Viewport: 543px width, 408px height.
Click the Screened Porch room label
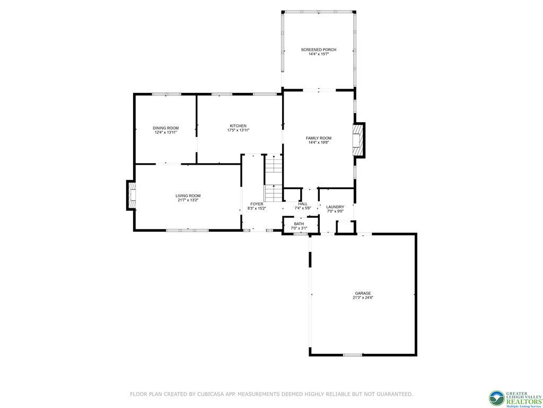[318, 49]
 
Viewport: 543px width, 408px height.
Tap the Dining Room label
[165, 128]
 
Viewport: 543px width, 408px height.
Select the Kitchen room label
[238, 126]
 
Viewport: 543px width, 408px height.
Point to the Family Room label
[318, 138]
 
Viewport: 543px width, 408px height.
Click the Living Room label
[188, 195]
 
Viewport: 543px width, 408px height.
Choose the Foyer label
[257, 204]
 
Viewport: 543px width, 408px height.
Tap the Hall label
[302, 204]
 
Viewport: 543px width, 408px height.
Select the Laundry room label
[335, 207]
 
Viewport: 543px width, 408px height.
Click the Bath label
[299, 224]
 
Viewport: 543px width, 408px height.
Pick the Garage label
[363, 293]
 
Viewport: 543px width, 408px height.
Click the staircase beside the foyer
[273, 178]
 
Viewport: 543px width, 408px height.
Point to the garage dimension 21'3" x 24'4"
[363, 298]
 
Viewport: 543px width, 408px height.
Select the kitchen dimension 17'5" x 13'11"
[238, 130]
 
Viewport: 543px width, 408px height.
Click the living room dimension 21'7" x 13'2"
[188, 200]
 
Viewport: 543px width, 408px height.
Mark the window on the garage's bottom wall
[352, 354]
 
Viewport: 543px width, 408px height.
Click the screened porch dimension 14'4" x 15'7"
[318, 54]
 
